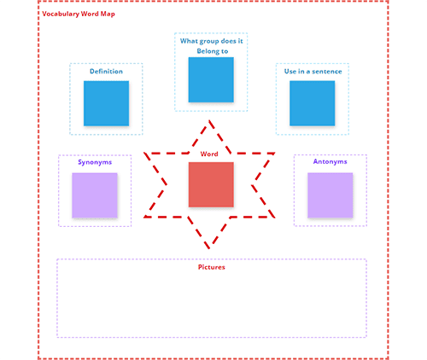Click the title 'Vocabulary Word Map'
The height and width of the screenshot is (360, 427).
point(79,15)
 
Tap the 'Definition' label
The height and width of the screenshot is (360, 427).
point(106,72)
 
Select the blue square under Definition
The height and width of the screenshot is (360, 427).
point(106,103)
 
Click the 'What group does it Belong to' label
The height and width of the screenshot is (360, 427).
point(211,45)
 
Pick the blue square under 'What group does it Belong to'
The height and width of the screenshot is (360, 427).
point(211,79)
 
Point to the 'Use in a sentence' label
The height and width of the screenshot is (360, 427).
point(313,72)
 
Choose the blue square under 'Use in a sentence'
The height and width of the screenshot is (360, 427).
point(313,103)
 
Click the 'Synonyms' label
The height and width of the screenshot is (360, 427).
point(94,162)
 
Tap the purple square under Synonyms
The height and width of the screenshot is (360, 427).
point(94,195)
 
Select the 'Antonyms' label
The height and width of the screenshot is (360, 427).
point(330,162)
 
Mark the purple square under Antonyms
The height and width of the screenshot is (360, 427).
point(330,195)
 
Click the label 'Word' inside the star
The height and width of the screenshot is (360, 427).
point(210,154)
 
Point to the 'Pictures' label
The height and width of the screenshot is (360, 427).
point(211,267)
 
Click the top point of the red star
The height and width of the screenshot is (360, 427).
point(210,120)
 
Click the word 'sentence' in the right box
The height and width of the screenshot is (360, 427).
point(327,72)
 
